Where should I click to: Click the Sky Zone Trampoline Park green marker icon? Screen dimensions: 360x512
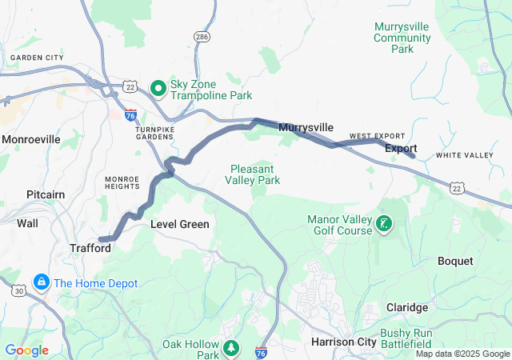(158, 86)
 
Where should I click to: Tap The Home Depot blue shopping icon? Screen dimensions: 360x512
(41, 283)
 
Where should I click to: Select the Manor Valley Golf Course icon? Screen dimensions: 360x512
(385, 223)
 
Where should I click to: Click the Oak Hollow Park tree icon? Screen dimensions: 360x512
(231, 347)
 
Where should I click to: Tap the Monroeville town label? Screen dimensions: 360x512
(31, 139)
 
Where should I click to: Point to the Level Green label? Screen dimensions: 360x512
(180, 225)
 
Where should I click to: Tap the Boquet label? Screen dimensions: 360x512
(455, 261)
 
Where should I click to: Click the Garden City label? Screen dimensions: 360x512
(35, 58)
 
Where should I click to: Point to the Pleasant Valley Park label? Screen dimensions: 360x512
(256, 174)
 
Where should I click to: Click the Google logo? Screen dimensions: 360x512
(26, 350)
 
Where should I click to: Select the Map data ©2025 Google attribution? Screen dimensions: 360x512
(462, 354)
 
